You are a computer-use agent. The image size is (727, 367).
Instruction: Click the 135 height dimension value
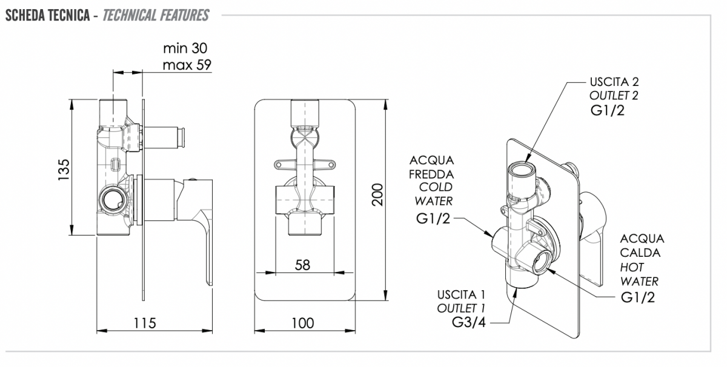pos(64,170)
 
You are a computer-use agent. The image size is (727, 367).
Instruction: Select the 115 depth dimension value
pos(145,323)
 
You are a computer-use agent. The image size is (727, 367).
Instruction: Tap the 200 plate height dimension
pos(377,194)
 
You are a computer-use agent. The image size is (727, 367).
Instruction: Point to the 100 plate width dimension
pos(303,323)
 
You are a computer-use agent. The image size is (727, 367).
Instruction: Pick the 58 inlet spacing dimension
pos(302,265)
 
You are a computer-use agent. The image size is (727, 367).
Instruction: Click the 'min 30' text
pos(185,48)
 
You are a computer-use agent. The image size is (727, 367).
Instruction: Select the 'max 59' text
pos(187,65)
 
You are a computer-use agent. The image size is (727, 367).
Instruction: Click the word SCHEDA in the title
pos(25,15)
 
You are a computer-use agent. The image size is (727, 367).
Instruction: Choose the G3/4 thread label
pos(469,322)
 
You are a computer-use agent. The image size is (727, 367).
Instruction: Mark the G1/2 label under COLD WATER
pos(433,219)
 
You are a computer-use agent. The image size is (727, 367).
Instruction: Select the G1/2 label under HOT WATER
pos(638,297)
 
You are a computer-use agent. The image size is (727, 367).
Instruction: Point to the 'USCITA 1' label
pos(461,295)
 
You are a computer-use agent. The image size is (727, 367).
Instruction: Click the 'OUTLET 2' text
pos(614,96)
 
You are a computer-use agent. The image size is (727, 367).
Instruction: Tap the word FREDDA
pos(431,174)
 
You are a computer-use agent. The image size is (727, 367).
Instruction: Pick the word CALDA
pos(640,253)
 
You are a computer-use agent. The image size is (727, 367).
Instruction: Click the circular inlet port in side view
pos(112,199)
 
